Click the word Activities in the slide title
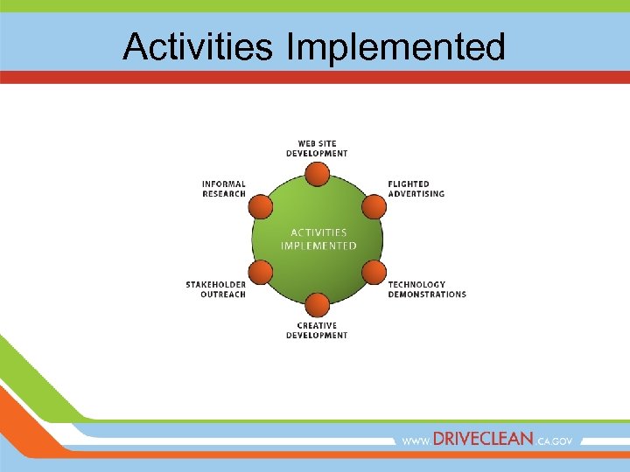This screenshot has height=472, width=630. click(198, 46)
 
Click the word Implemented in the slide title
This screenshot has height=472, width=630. click(395, 46)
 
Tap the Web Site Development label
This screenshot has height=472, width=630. click(317, 149)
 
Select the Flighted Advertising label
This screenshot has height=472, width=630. click(416, 189)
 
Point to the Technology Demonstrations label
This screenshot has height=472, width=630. click(427, 289)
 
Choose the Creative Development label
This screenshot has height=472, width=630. click(317, 330)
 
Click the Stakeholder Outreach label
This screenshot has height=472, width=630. click(215, 289)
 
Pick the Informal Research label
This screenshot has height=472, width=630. click(224, 189)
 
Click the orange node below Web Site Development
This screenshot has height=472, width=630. click(318, 175)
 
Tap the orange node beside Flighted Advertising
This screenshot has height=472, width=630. click(374, 207)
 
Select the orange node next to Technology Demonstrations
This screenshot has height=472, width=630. click(374, 273)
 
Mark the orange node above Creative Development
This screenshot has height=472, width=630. click(318, 305)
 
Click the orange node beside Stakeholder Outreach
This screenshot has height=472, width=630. click(261, 273)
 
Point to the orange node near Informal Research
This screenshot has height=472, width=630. click(261, 207)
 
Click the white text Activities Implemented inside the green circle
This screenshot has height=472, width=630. click(318, 239)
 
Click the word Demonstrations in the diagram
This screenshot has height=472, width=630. click(427, 295)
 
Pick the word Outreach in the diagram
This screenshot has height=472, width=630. click(224, 295)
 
